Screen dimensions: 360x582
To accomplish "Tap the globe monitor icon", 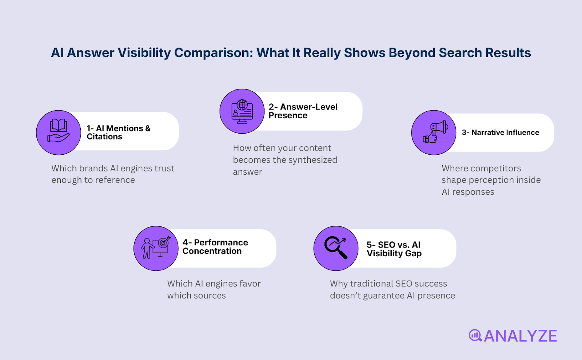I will click(242, 111).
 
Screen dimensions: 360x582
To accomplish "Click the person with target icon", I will click(156, 248).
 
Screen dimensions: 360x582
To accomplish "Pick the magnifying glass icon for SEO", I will click(336, 248).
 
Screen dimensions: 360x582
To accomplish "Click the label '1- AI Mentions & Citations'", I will click(119, 132).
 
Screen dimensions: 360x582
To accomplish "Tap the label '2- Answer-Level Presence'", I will click(303, 111).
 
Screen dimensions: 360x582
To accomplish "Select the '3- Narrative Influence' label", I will click(501, 132).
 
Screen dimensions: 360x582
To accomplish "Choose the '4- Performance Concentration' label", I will click(215, 247).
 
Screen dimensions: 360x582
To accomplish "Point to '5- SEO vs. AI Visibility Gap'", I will click(394, 249).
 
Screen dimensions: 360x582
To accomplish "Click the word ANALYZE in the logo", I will click(521, 336).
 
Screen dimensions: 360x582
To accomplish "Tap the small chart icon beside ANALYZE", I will click(475, 335).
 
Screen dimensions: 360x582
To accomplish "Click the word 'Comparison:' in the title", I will click(214, 53).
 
